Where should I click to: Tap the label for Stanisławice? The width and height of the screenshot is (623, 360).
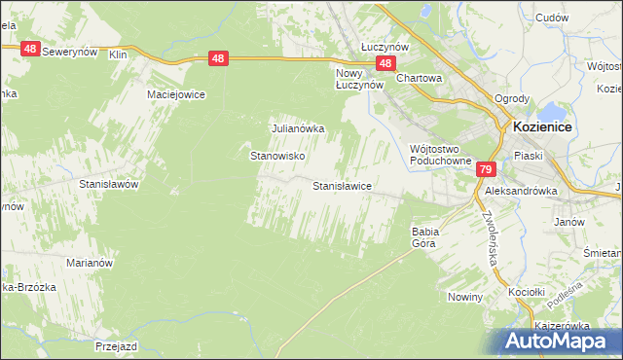tap(341, 185)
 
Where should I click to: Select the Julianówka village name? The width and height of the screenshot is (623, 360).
tap(297, 127)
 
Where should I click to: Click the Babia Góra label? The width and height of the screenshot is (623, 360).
tap(425, 237)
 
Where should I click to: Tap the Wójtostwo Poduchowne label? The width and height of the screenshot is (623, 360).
tap(440, 155)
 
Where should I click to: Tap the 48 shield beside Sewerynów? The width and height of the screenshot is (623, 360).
tap(29, 49)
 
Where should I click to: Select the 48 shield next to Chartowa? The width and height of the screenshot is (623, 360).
tap(386, 63)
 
